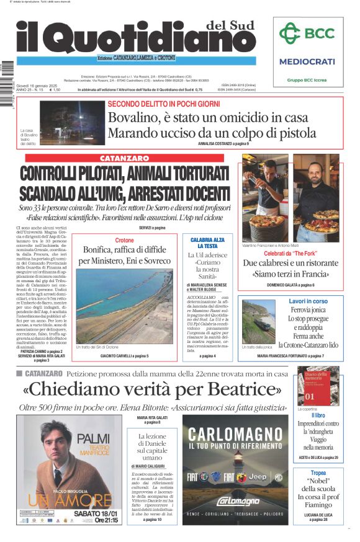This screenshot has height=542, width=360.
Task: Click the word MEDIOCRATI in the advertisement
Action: pos(307,61)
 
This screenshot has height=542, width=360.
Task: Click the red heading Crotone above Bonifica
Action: pos(124,240)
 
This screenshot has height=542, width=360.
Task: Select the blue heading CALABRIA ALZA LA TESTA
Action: pos(207,242)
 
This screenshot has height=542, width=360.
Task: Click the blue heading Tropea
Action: pos(318,473)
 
